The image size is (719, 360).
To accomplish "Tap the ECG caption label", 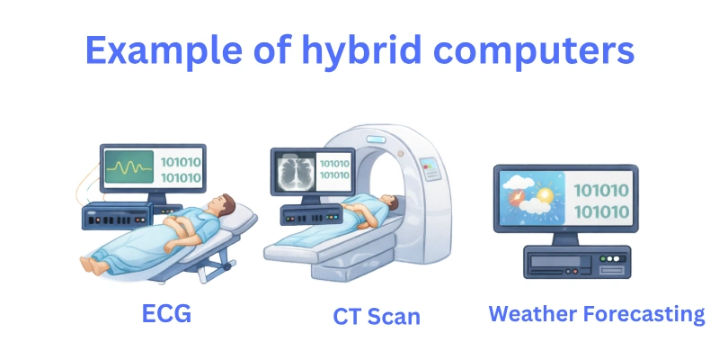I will tap(168, 312).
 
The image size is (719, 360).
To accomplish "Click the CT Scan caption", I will tap(377, 316).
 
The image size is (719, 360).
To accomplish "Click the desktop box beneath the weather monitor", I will tap(566, 262).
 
